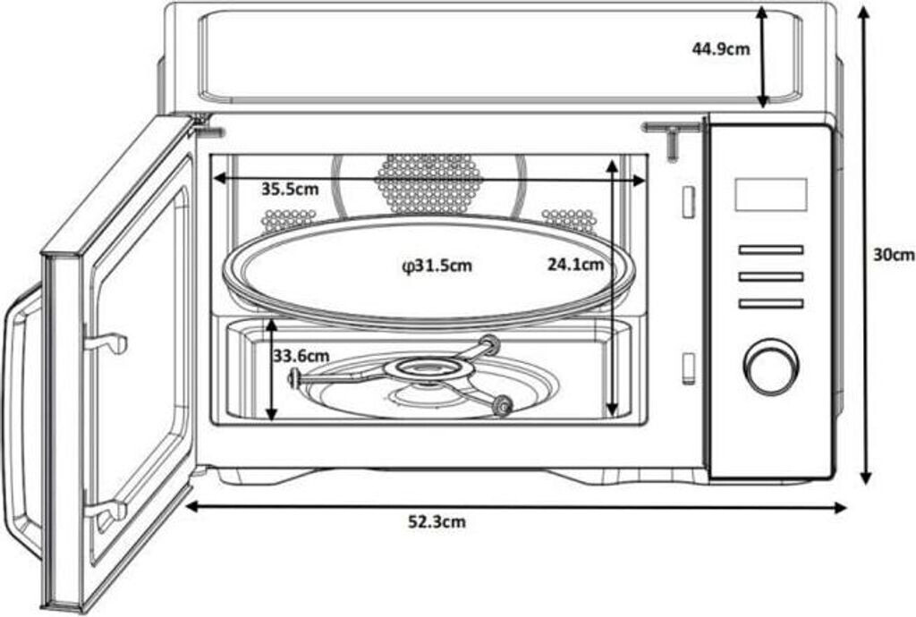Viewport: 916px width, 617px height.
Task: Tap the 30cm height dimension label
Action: coord(893,254)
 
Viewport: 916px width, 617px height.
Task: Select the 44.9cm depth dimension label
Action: coord(721,49)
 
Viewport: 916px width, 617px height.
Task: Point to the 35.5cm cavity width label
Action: coord(290,190)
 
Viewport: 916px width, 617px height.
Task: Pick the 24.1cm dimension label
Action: coord(575,265)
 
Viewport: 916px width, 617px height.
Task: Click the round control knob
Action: coord(771,366)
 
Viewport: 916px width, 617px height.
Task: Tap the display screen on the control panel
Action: coord(770,194)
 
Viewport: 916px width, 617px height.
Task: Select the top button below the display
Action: coord(770,249)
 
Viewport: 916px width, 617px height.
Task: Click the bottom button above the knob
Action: coord(770,304)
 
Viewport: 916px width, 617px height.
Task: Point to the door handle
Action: coord(20,420)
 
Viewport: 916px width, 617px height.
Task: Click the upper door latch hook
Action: coord(107,342)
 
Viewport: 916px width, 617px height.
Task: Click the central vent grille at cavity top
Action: coord(428,181)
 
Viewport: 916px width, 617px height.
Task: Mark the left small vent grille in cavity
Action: coord(288,220)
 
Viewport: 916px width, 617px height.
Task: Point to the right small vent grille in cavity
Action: coord(568,220)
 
